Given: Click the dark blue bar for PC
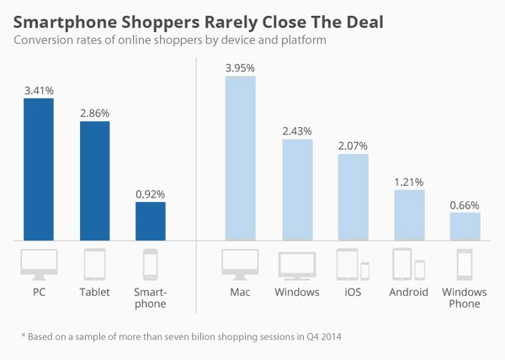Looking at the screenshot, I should (x=39, y=168).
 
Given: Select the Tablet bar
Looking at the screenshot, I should (x=94, y=180).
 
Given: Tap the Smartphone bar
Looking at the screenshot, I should (x=151, y=220).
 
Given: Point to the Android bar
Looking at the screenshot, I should (x=409, y=214).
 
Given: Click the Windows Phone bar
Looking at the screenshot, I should (x=465, y=225).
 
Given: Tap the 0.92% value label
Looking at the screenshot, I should (x=151, y=193).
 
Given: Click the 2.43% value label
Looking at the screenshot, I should (x=297, y=130).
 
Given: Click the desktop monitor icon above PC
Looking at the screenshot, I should (x=39, y=263).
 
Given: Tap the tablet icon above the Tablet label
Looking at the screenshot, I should (x=94, y=263).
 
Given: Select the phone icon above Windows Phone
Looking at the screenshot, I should (x=465, y=263).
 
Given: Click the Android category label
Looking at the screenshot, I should (x=409, y=292).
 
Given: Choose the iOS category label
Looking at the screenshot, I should (x=353, y=292).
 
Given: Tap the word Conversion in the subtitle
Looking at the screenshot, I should (x=42, y=40).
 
